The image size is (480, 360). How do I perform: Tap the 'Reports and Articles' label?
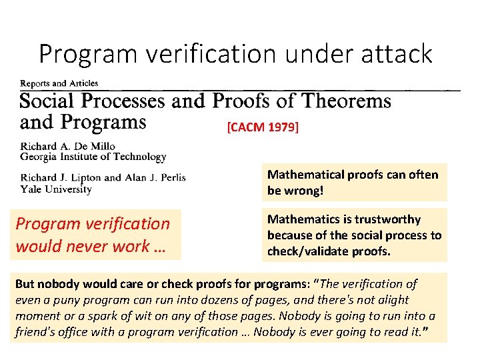(59, 83)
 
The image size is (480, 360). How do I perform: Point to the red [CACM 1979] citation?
(263, 127)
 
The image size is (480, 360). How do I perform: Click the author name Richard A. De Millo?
(68, 146)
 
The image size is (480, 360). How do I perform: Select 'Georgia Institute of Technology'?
(93, 157)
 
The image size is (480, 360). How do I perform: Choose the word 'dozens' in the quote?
(251, 299)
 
